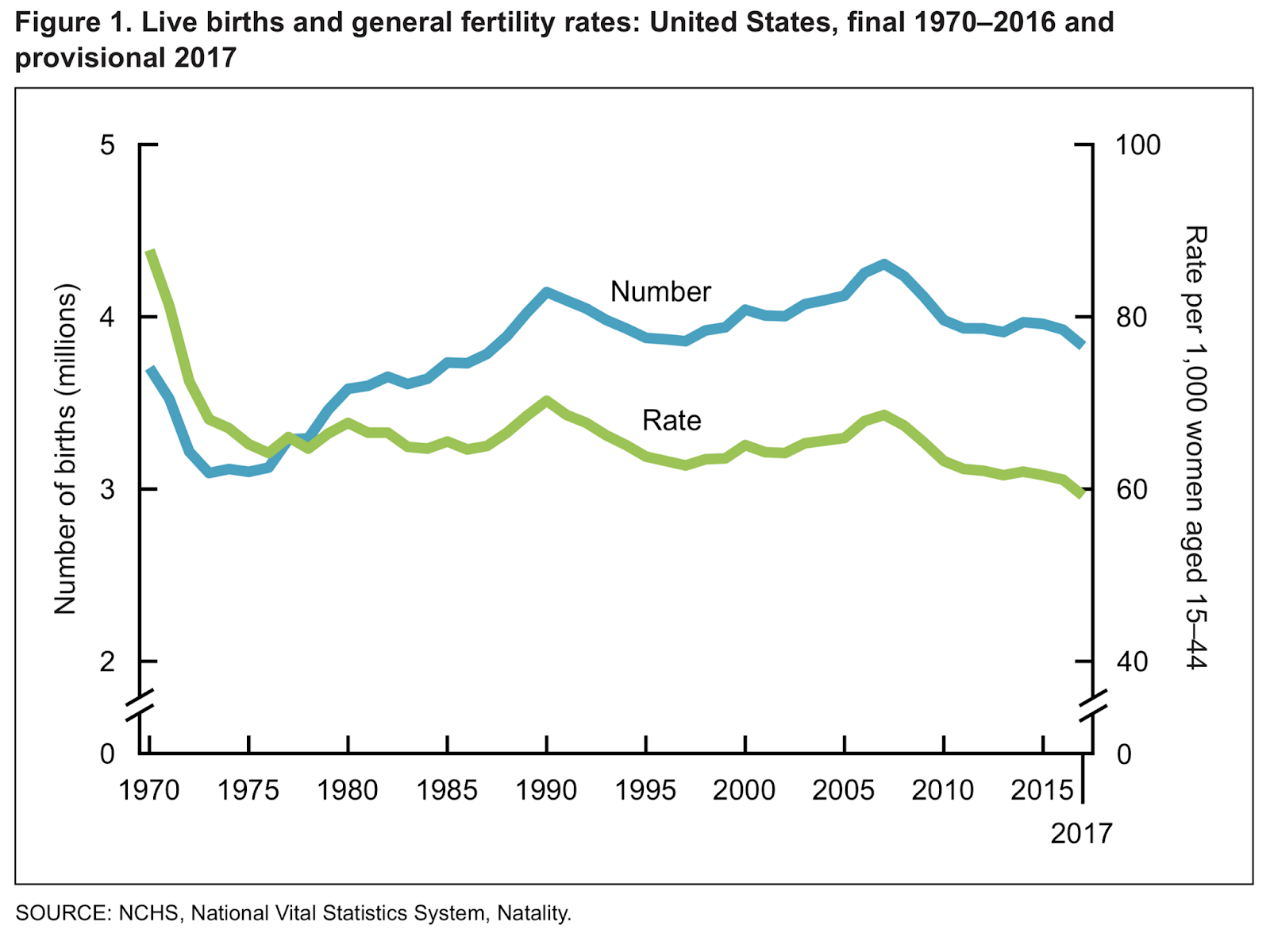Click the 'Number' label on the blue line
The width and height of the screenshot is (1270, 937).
point(660,292)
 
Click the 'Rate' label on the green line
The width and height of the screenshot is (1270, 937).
point(672,420)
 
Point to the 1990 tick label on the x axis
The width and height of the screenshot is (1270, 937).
point(546,790)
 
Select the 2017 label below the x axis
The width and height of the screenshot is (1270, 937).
point(1081,833)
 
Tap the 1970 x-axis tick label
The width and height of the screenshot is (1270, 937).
point(149,790)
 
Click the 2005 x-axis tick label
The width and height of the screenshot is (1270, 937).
point(844,790)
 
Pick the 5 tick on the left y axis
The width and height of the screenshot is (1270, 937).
point(107,145)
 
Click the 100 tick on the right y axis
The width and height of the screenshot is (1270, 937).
point(1137,145)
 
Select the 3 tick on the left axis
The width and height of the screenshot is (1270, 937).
point(107,489)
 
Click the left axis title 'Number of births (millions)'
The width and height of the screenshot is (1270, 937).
point(65,449)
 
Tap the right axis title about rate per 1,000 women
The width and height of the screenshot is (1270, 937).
point(1195,447)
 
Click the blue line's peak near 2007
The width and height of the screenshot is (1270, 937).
point(884,264)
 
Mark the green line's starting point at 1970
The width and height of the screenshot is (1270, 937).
point(150,253)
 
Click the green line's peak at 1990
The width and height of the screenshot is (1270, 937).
point(546,401)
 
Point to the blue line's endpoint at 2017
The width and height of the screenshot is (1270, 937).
point(1081,344)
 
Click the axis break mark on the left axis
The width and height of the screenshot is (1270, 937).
point(140,706)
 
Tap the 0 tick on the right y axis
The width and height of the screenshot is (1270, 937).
point(1123,754)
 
